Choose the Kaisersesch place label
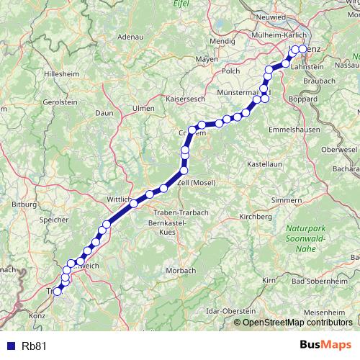[186, 97]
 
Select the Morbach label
[180, 270]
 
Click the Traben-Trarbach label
[180, 212]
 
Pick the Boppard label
[302, 98]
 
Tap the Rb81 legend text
[33, 345]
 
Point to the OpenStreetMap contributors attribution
[296, 322]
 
